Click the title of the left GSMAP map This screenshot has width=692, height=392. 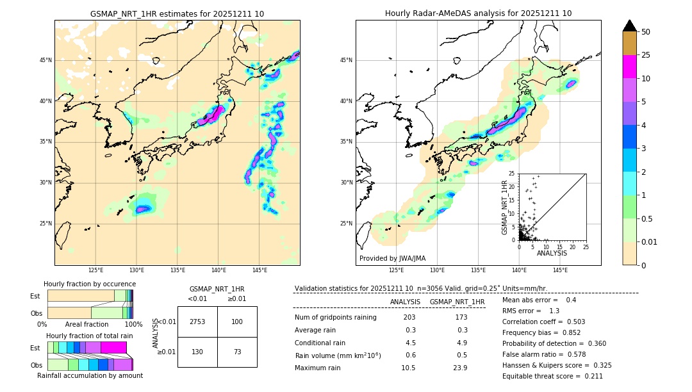click(177, 13)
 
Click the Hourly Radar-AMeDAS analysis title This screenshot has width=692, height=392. click(478, 13)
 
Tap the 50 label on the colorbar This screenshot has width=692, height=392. click(646, 32)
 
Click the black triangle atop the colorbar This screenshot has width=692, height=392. click(630, 26)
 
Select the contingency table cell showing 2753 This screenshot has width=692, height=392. click(197, 322)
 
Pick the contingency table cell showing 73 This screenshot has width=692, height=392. click(237, 352)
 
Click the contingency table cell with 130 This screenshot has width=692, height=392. click(197, 352)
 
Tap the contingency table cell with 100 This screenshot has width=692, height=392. click(237, 322)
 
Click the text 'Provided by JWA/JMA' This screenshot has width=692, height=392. click(392, 258)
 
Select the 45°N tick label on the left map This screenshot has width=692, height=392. click(45, 60)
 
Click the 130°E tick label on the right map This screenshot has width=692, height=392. click(438, 270)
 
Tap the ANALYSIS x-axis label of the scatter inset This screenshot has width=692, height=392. click(552, 253)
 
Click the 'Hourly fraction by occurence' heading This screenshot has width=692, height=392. click(90, 284)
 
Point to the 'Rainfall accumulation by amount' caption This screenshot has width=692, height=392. click(90, 375)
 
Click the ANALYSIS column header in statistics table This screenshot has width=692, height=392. click(405, 302)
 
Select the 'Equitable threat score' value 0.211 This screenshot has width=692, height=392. click(589, 376)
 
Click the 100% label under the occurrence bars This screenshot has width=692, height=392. click(133, 324)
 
